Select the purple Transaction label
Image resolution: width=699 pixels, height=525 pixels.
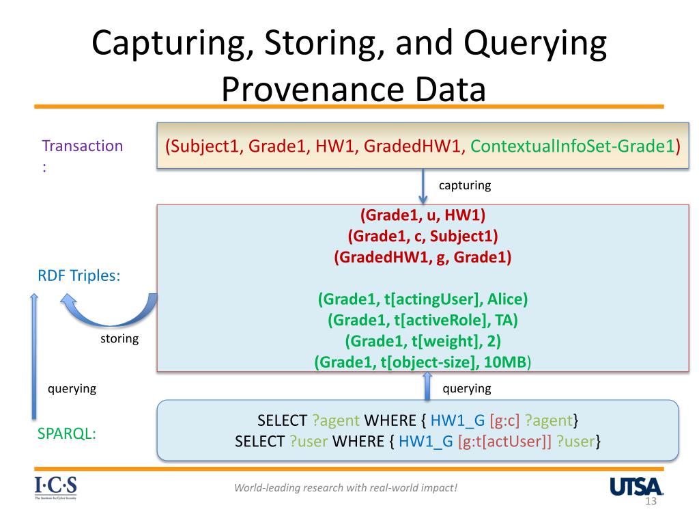click(x=83, y=146)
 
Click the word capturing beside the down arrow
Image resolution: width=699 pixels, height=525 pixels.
click(x=465, y=185)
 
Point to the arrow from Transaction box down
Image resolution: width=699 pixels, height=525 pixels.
click(x=423, y=187)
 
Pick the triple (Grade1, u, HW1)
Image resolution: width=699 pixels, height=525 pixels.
click(x=423, y=215)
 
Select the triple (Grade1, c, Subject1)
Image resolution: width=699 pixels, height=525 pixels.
click(x=423, y=236)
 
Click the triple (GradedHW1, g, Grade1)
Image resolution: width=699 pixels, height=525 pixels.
click(x=423, y=257)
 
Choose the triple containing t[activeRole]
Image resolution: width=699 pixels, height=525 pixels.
click(x=423, y=320)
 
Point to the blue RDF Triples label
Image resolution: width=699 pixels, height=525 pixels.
click(x=79, y=275)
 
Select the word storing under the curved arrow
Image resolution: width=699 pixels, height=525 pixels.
click(x=119, y=339)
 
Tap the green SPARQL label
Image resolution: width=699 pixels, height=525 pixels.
click(x=66, y=433)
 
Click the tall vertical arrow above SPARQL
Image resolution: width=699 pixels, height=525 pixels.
click(x=34, y=356)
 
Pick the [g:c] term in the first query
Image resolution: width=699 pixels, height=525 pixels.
click(x=504, y=420)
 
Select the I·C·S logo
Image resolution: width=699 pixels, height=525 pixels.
click(x=56, y=487)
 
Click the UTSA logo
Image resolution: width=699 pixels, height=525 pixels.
click(x=636, y=487)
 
